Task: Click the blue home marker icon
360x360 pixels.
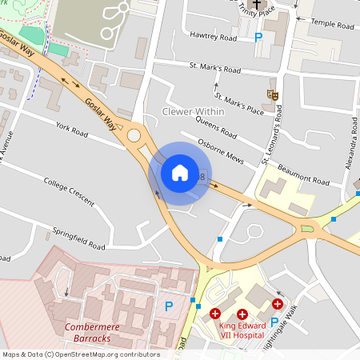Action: pyautogui.click(x=180, y=172)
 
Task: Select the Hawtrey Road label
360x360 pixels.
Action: pyautogui.click(x=214, y=37)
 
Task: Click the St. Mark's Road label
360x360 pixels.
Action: pyautogui.click(x=214, y=66)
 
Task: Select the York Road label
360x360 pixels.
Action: pyautogui.click(x=72, y=127)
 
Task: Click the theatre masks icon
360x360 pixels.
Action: pyautogui.click(x=273, y=94)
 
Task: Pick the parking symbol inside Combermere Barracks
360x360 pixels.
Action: pyautogui.click(x=168, y=305)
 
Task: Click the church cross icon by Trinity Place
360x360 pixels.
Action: pyautogui.click(x=256, y=8)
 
